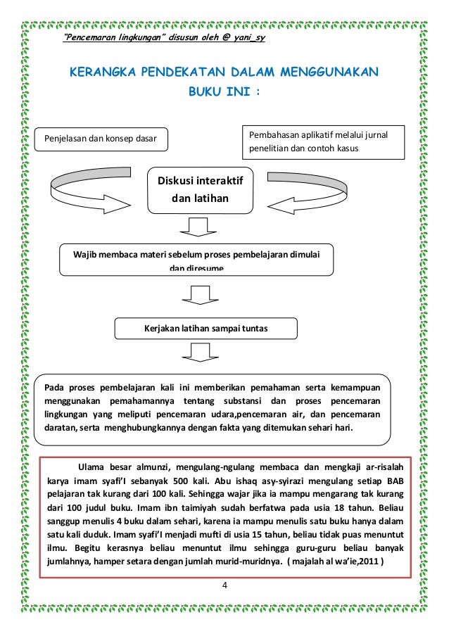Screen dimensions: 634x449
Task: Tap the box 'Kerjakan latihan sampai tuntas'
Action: (x=205, y=328)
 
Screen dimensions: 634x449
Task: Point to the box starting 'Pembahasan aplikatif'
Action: (x=323, y=141)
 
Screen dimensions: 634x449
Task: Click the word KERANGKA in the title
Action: (x=95, y=72)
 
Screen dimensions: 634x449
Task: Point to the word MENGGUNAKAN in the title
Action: (x=331, y=72)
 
